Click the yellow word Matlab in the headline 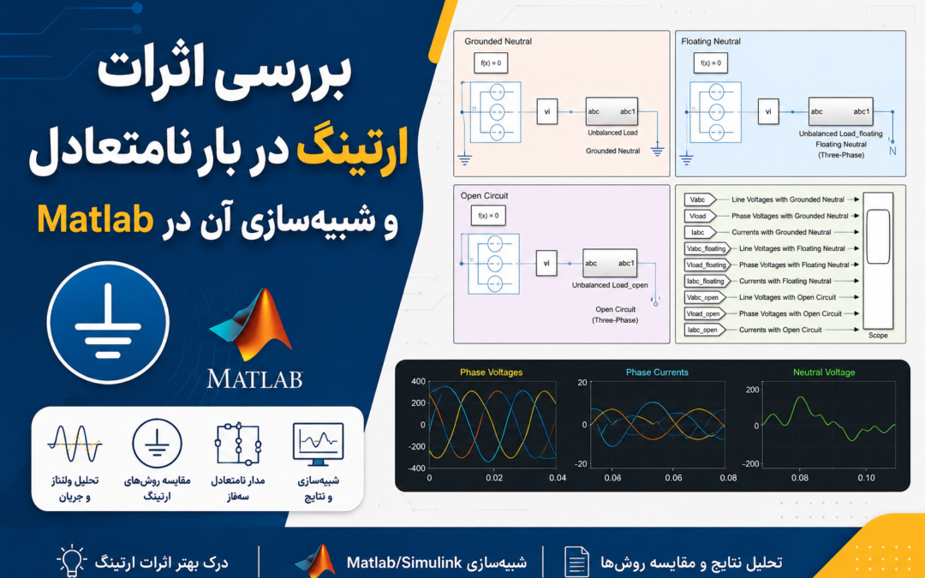click(x=96, y=219)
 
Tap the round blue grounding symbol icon click(x=108, y=323)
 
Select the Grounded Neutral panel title click(x=498, y=41)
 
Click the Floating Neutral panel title click(x=711, y=41)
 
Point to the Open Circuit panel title click(x=484, y=196)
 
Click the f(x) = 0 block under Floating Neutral click(x=711, y=63)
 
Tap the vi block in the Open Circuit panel click(x=546, y=264)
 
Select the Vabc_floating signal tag click(x=707, y=249)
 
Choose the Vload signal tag click(x=700, y=217)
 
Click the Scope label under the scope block click(x=878, y=336)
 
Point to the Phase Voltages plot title click(x=492, y=372)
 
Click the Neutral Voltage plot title click(x=824, y=372)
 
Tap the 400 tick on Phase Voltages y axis click(x=418, y=382)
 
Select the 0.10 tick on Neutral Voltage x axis click(x=866, y=478)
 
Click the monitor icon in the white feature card click(x=318, y=444)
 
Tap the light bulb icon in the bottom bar click(x=71, y=560)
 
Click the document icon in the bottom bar click(x=576, y=562)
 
